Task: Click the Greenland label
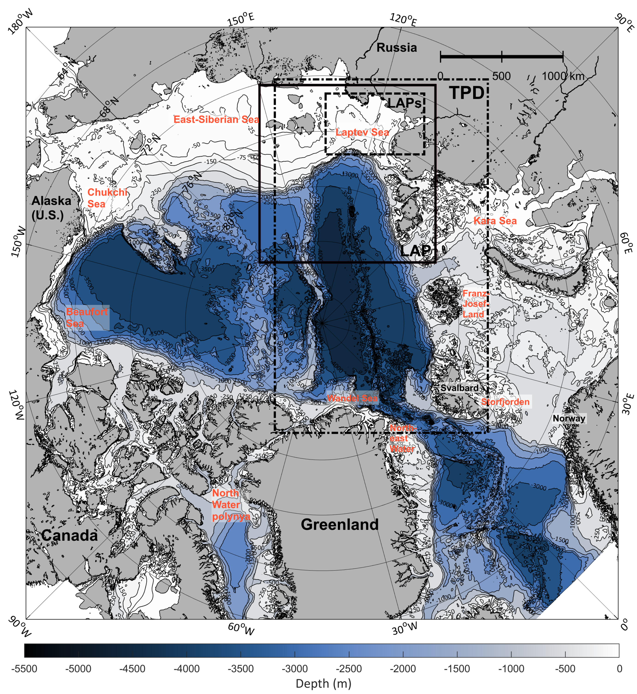pos(339,524)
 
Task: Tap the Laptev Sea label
pos(362,132)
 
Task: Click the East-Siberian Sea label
pos(216,120)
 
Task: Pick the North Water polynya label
pos(230,505)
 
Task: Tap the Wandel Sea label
pos(352,398)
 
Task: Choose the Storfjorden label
pos(505,402)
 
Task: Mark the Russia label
pos(396,47)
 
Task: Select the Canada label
pos(70,535)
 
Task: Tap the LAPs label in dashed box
pos(405,103)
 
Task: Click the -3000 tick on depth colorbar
pos(295,669)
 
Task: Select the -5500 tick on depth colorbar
pos(24,669)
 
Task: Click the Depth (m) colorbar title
pos(323,683)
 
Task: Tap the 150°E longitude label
pos(241,19)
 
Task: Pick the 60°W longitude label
pos(241,629)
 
